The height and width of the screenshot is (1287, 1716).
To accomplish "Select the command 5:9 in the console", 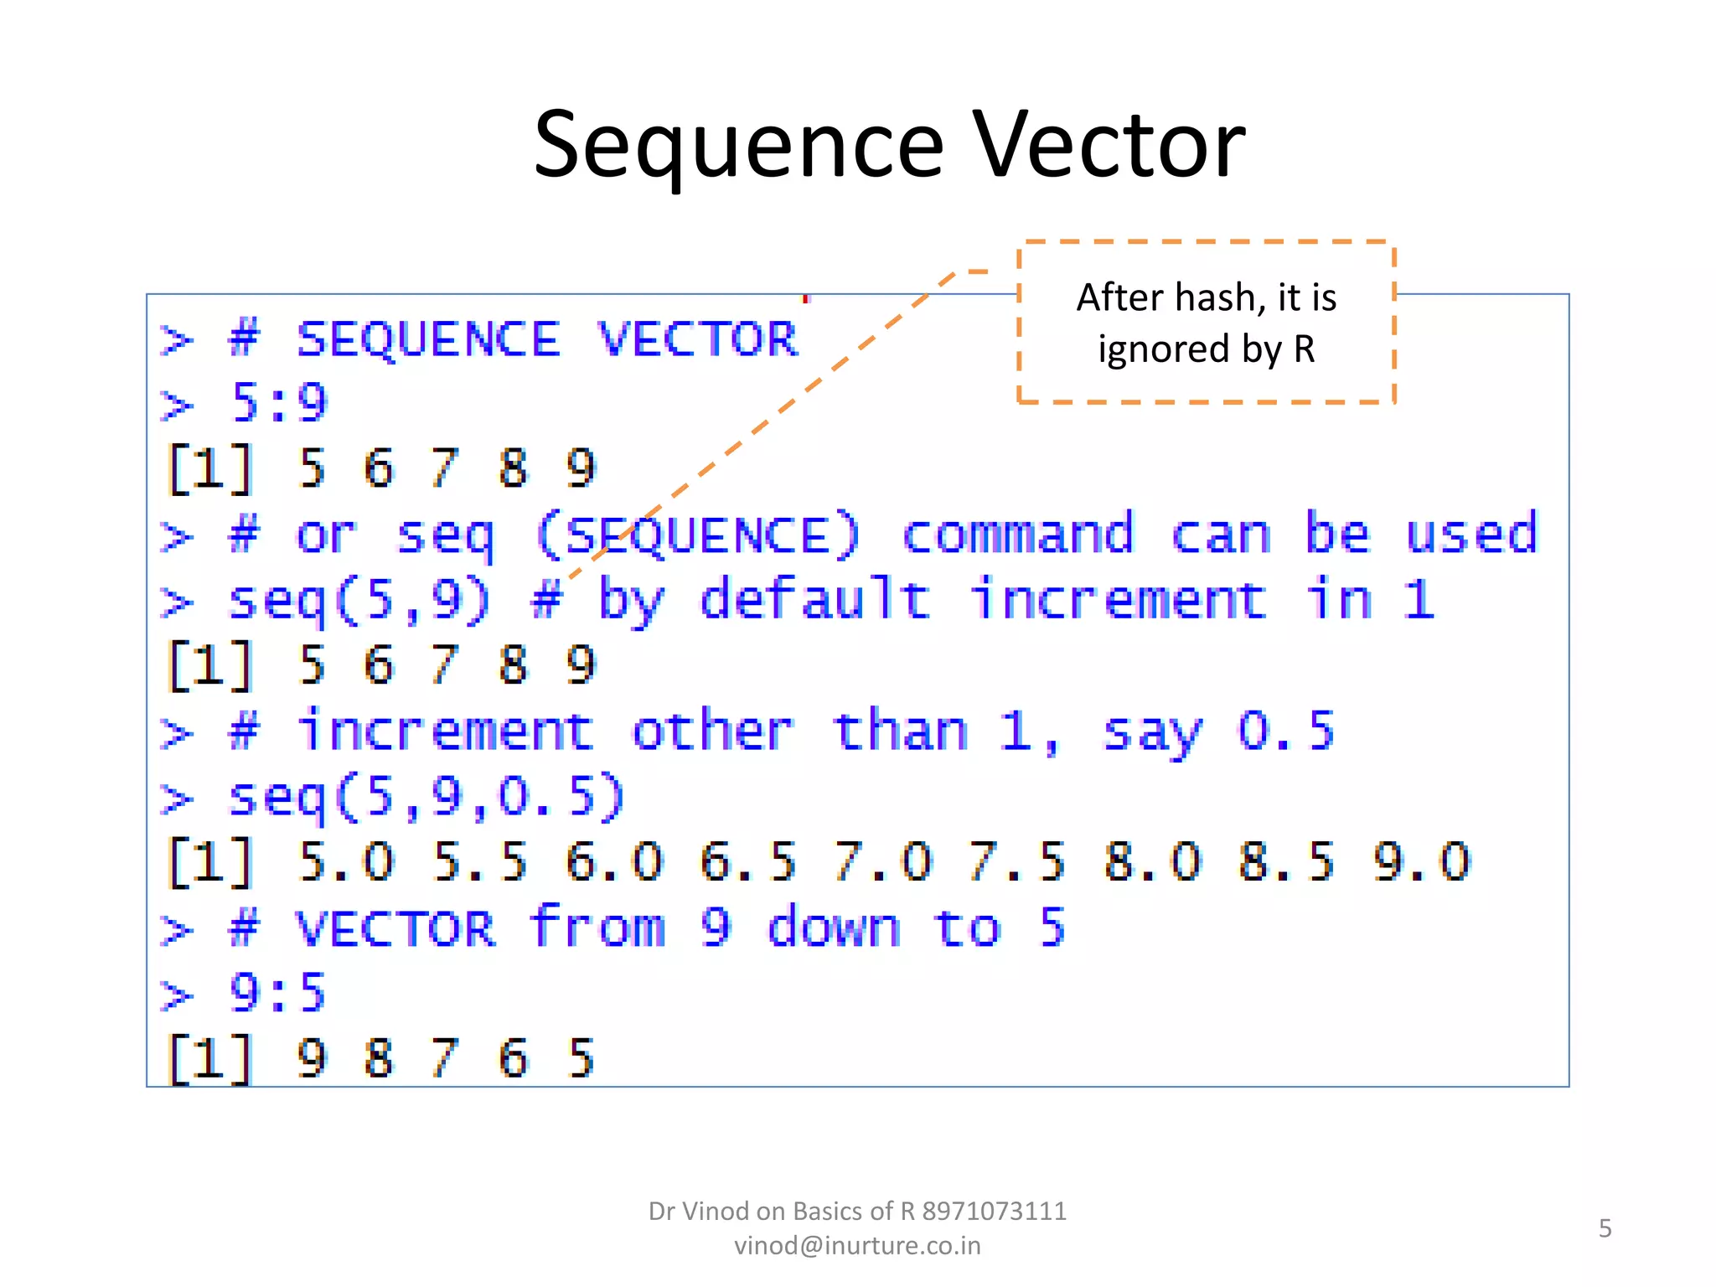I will tap(278, 403).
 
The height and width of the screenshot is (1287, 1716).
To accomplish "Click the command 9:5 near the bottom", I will tap(278, 994).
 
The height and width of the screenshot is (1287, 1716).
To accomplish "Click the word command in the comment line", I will tap(1017, 535).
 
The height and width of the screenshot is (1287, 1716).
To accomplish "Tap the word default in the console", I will tap(814, 600).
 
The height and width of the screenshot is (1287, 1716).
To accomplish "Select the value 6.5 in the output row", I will tap(747, 862).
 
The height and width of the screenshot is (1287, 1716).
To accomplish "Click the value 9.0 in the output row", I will tap(1421, 862).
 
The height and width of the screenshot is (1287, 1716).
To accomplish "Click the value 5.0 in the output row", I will tap(345, 862).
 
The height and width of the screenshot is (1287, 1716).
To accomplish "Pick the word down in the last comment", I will tap(834, 928).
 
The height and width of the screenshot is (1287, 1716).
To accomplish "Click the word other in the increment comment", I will tap(712, 731).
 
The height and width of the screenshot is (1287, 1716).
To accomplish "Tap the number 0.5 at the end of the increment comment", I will tap(1286, 731).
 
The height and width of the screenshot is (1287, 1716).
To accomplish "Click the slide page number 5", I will tap(1605, 1228).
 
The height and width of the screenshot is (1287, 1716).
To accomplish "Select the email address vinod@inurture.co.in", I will tap(857, 1246).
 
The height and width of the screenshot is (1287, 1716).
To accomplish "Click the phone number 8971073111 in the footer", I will tap(994, 1212).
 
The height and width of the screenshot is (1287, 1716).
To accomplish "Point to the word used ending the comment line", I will tap(1471, 535).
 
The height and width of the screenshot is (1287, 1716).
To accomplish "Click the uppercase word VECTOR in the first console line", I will tap(697, 340).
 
